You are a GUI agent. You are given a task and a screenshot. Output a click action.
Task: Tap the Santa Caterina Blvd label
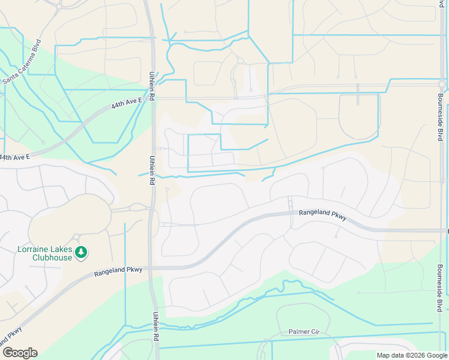(x=22, y=62)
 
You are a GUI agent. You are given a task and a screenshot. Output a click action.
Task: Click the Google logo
(x=20, y=353)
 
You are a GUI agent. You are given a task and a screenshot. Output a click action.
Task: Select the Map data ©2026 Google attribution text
(x=411, y=355)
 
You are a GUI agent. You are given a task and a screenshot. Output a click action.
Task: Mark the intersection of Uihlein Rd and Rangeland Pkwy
(x=152, y=268)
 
